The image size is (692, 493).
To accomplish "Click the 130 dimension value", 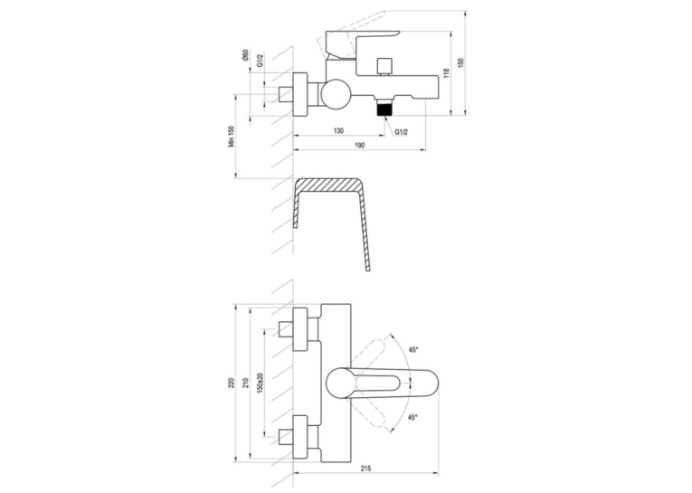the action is [x=338, y=130].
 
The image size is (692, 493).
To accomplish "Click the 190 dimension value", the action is [x=360, y=146].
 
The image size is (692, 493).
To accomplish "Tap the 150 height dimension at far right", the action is [x=461, y=62].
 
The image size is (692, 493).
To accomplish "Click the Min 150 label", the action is [x=231, y=137].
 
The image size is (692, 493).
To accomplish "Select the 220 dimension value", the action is [x=231, y=383].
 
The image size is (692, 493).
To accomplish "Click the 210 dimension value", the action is [x=246, y=383].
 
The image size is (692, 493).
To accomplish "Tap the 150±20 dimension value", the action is [x=260, y=383].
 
